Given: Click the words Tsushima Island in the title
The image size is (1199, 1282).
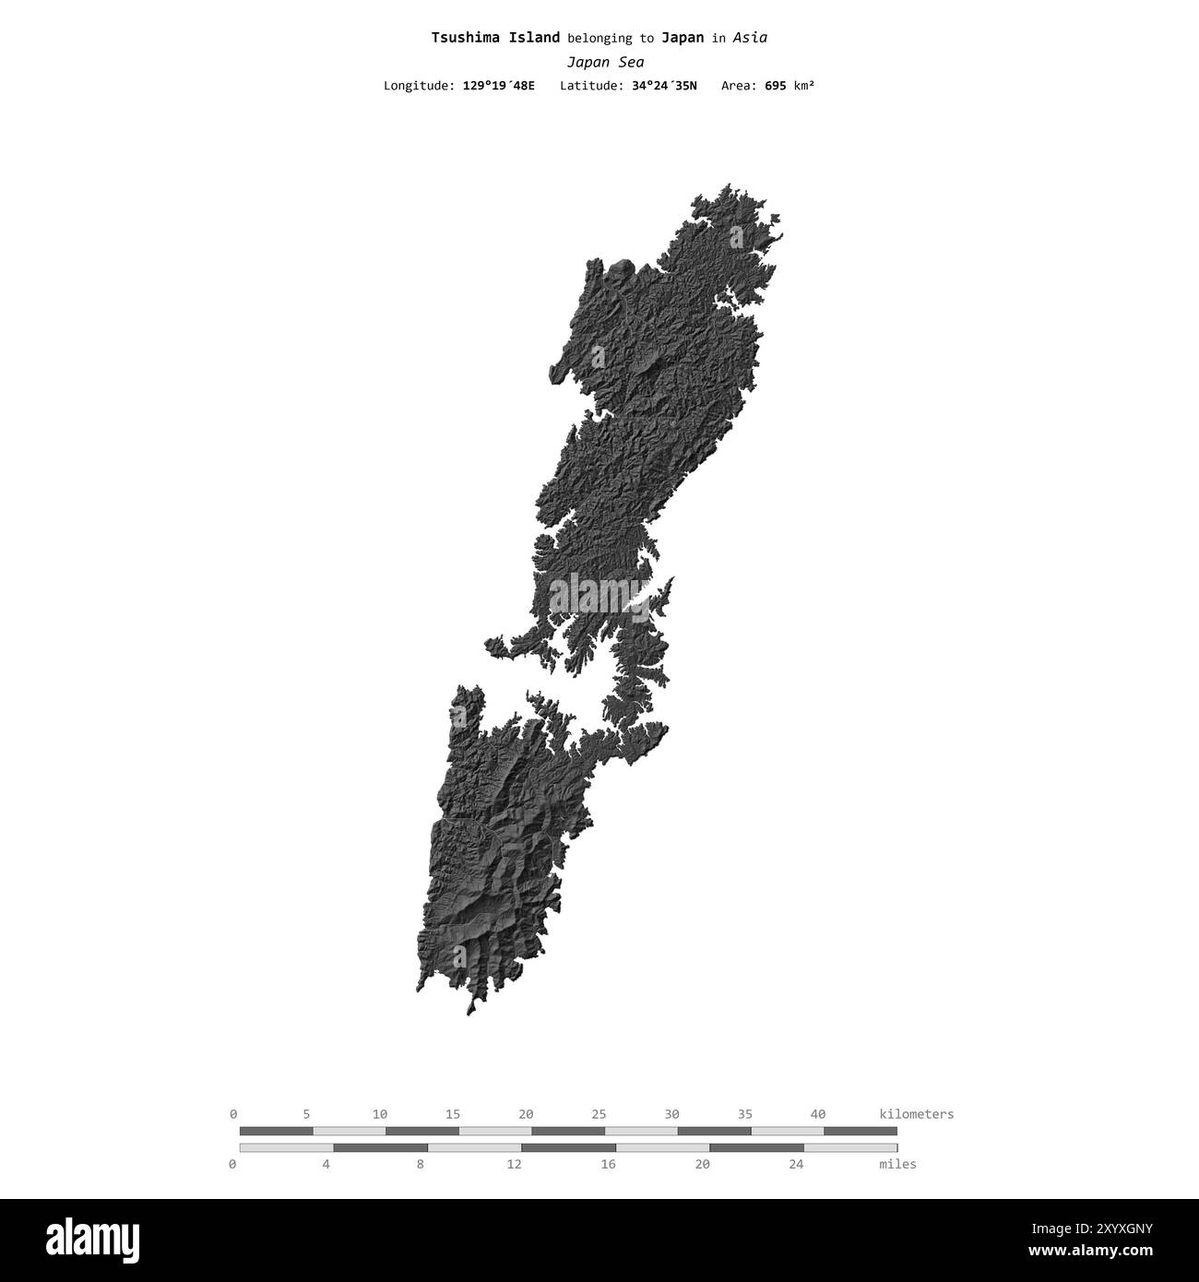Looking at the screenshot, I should coord(495,38).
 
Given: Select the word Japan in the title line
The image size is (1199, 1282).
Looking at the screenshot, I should coord(683,38).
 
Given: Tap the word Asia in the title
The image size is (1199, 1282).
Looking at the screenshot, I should coord(750,38).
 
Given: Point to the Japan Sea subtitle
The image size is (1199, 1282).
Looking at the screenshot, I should coord(605,63).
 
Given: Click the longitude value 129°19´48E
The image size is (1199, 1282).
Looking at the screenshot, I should coord(498,86).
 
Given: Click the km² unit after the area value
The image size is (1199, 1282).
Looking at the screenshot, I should coord(804,86).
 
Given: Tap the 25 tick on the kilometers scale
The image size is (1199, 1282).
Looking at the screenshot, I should coord(599,1114).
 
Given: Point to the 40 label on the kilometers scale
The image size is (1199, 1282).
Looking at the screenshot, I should coord(818,1114).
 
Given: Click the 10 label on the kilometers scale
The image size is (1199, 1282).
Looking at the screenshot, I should coord(379,1114).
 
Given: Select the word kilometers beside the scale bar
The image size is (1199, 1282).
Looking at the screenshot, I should coord(917,1114).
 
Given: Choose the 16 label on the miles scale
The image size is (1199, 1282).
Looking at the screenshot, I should coord(608,1164).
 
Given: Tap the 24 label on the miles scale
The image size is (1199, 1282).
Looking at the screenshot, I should coord(796,1164).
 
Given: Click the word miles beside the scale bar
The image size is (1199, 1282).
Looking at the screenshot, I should coord(897,1164).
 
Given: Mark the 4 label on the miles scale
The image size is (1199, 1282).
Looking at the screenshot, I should coord(326,1164).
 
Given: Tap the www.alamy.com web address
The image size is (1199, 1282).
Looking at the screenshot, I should coord(1098,1251).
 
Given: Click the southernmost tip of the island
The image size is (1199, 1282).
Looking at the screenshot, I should coord(469,1015).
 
